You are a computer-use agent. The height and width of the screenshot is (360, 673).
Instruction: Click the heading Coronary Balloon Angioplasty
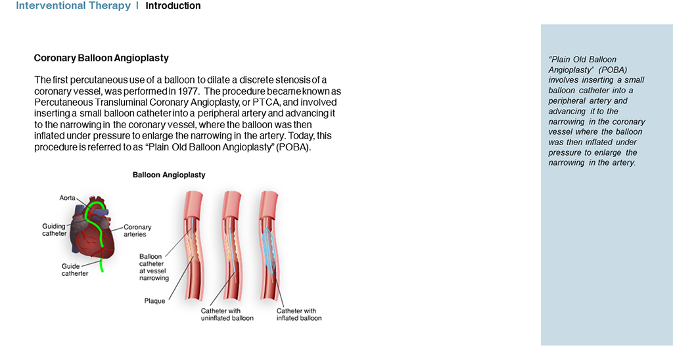(101, 58)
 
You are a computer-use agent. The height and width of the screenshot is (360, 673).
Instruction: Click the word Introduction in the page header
(173, 6)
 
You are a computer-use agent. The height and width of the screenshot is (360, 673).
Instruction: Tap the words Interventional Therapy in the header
(74, 6)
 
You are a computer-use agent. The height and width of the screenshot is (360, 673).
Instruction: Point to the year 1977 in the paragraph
(187, 91)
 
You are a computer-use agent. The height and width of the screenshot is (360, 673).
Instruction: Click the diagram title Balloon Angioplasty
(169, 175)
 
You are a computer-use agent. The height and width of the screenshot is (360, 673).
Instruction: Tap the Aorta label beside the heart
(68, 198)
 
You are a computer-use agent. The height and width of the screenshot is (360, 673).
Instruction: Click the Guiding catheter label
(54, 229)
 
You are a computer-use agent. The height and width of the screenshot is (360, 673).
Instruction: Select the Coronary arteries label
(137, 231)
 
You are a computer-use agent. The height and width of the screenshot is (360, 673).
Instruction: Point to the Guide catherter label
(75, 269)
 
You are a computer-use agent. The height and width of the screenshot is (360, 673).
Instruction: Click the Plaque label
(154, 302)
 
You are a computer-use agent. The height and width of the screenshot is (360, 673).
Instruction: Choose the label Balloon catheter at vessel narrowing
(154, 267)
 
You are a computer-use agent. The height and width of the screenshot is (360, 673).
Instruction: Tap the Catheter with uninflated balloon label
(227, 315)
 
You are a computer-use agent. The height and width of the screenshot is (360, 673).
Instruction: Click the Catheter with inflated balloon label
(299, 315)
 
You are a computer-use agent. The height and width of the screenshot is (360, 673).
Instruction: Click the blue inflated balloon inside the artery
(269, 250)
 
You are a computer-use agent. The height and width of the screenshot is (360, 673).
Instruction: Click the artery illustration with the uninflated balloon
(232, 246)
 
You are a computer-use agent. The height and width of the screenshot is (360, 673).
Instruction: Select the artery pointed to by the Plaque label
(194, 246)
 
